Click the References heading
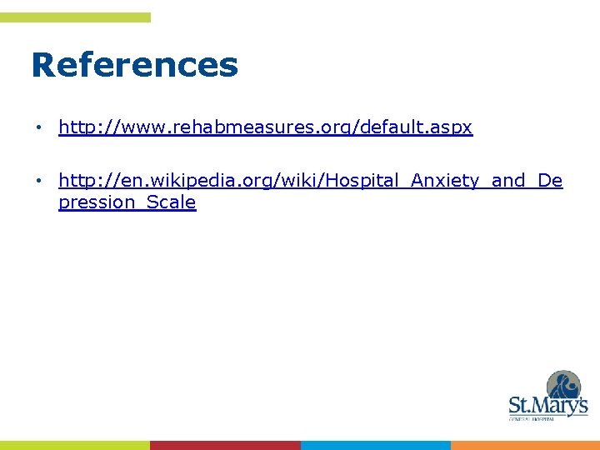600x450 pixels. pos(134,65)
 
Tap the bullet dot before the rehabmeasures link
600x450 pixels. pos(38,128)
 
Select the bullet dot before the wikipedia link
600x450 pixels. pos(38,181)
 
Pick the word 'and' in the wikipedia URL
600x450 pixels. pos(508,180)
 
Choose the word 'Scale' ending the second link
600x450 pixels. pos(171,202)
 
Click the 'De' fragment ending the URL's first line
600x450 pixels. pos(550,180)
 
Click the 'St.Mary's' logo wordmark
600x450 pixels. pos(547,406)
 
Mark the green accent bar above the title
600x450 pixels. pos(75,17)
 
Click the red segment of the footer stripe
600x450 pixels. pos(225,445)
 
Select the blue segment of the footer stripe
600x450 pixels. pos(375,445)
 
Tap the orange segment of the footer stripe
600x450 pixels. pos(525,445)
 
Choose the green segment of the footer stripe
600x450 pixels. pos(75,445)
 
